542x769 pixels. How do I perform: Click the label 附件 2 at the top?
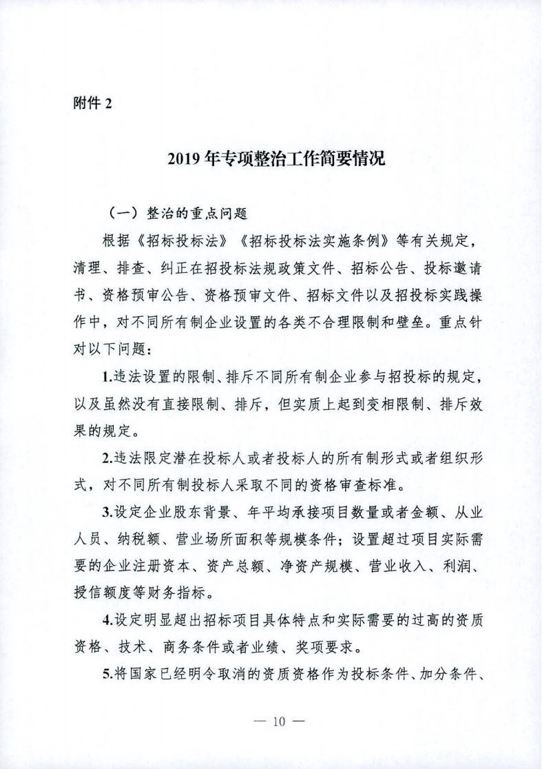pos(92,103)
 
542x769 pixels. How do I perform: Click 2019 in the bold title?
pos(185,159)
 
